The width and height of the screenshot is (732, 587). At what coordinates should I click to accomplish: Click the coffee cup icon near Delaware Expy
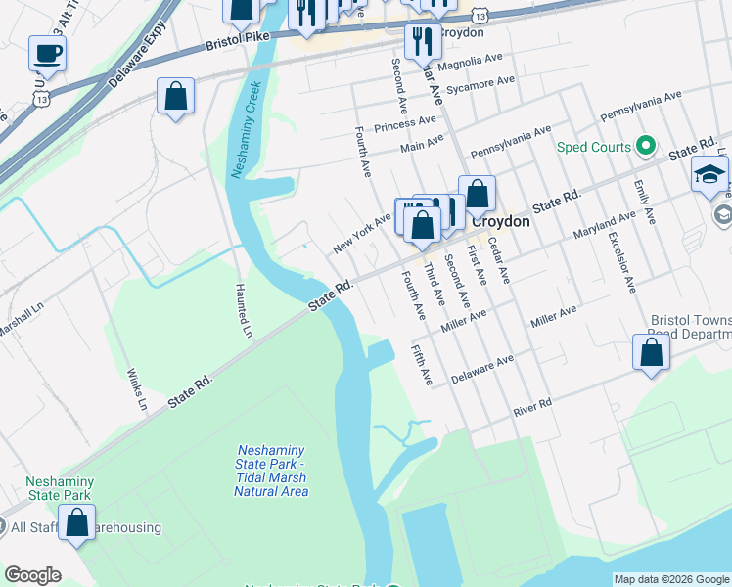(x=46, y=53)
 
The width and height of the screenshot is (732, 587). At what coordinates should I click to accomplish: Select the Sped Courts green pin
(x=644, y=147)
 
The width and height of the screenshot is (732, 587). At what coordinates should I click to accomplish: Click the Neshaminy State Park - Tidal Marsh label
(x=271, y=471)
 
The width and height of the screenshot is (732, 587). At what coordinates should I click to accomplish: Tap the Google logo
(x=32, y=575)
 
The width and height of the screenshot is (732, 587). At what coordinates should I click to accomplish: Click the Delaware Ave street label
(x=481, y=369)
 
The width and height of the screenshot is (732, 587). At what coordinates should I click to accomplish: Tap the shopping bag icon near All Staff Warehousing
(x=77, y=523)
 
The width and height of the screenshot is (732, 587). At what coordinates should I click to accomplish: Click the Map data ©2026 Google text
(x=671, y=579)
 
